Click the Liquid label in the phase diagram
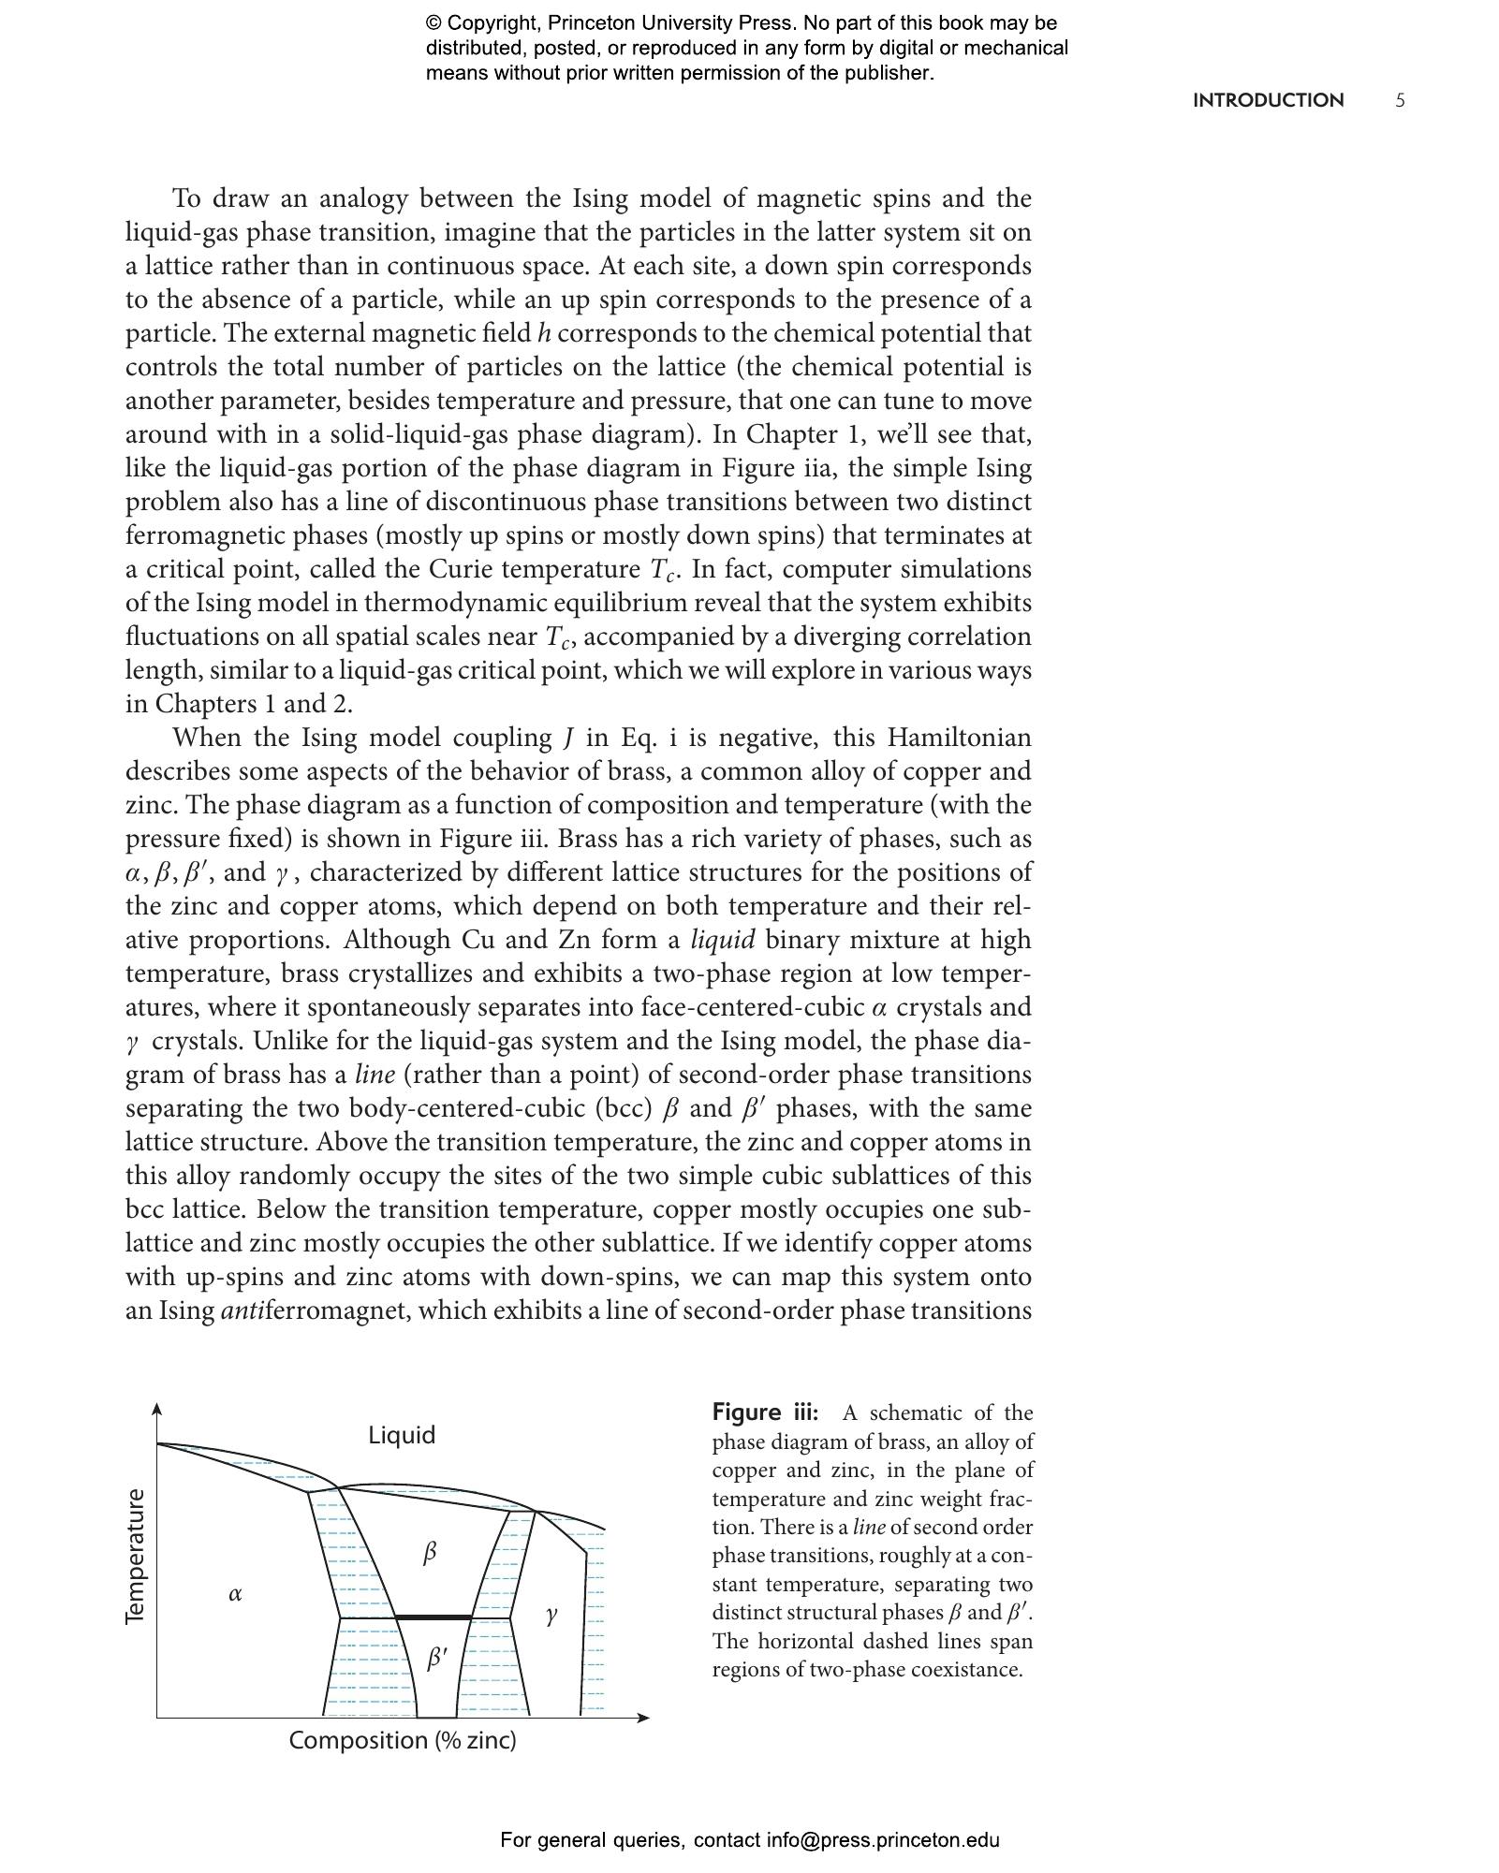click(401, 1435)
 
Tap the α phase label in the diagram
click(235, 1593)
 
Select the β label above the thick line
click(430, 1554)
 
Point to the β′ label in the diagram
click(436, 1659)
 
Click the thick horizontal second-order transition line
click(434, 1617)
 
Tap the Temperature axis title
click(136, 1557)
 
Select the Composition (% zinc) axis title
click(402, 1740)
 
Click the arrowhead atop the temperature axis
click(156, 1410)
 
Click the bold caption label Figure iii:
click(765, 1412)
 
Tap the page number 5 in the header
click(1400, 101)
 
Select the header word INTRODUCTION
click(1268, 101)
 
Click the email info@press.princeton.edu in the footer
click(883, 1840)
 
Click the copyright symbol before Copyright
click(434, 23)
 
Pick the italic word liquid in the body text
click(722, 940)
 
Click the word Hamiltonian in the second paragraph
click(959, 738)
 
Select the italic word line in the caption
click(868, 1527)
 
